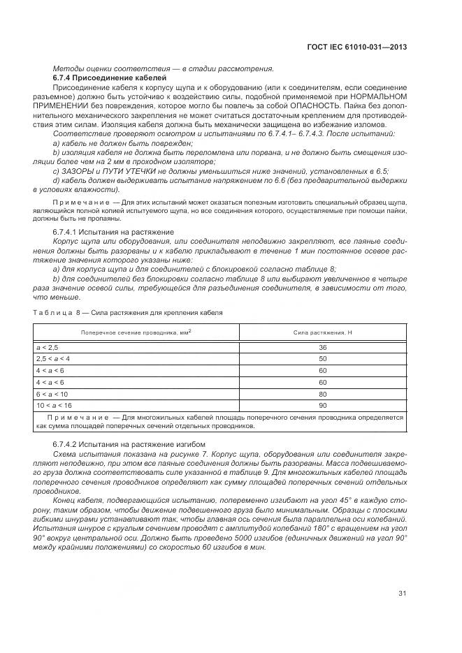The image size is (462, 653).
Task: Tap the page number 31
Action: point(403,594)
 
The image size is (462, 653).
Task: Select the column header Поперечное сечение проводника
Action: point(136,332)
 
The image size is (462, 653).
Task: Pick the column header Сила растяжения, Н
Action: point(322,332)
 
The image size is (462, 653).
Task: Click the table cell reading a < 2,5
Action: point(48,347)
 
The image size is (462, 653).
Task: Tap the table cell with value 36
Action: point(322,347)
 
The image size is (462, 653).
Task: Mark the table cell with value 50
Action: point(322,358)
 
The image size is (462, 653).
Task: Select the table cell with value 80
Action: point(322,394)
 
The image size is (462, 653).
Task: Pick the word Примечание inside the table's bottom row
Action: point(78,417)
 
